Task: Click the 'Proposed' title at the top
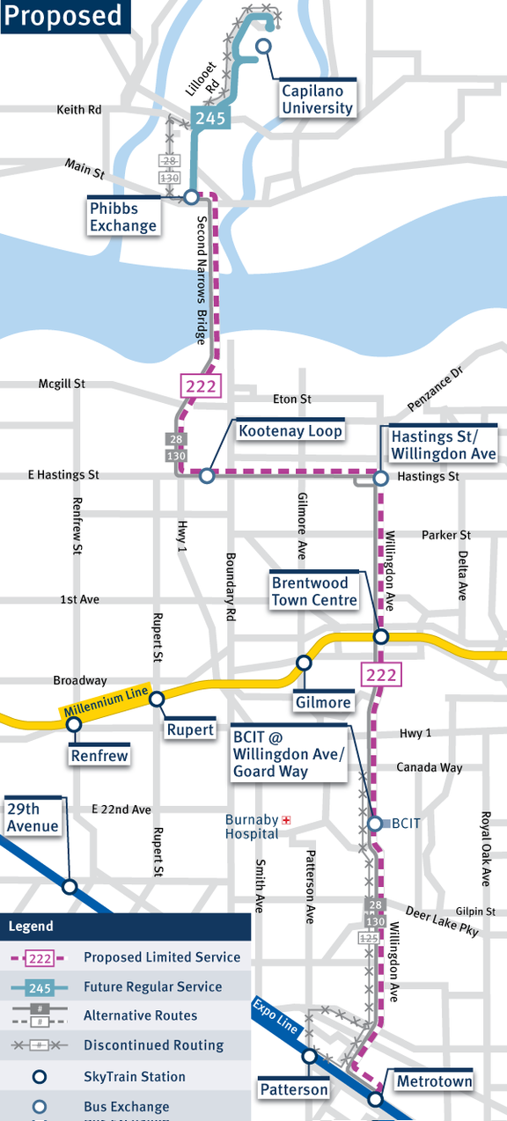point(62,16)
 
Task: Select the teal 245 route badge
point(211,119)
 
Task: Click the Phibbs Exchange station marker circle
point(191,197)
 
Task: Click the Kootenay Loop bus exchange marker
point(207,476)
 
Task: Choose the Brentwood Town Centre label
point(315,591)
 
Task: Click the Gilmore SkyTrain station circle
point(304,663)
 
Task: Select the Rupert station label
point(191,729)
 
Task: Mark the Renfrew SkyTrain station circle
point(74,724)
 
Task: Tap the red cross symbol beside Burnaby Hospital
point(286,820)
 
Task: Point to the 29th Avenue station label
point(33,817)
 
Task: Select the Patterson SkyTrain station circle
point(309,1056)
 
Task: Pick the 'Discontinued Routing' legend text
point(153,1045)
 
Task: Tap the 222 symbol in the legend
point(40,957)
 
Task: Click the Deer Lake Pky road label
point(443,922)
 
